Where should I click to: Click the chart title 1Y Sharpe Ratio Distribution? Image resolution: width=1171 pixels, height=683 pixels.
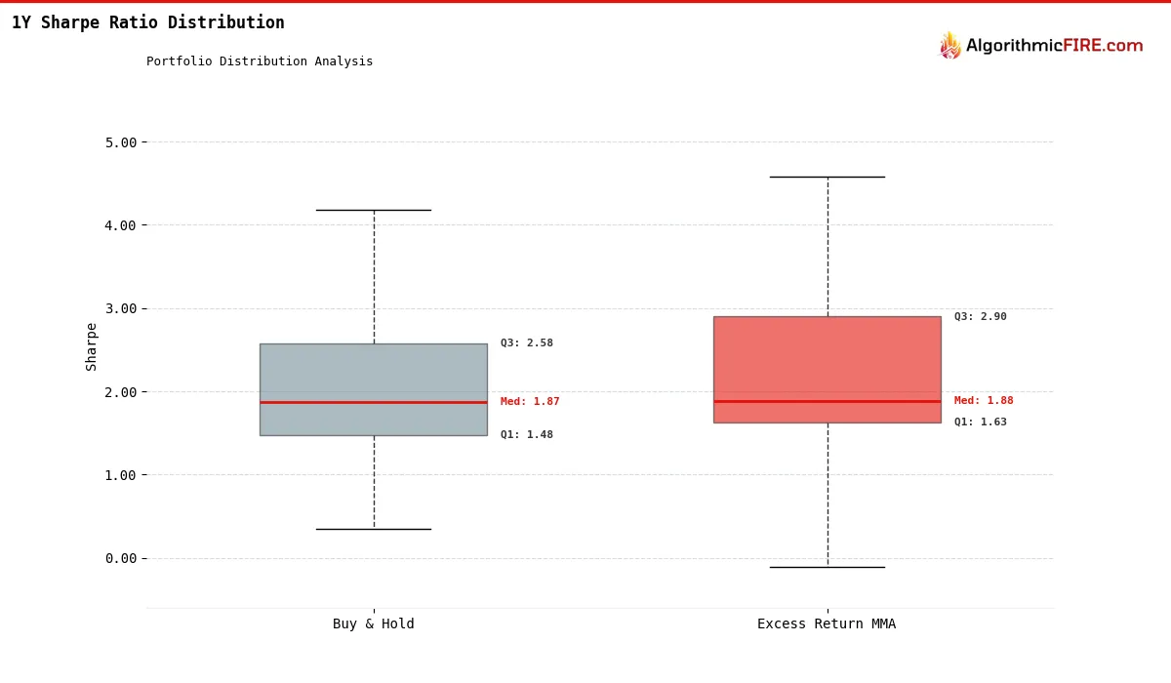coord(148,22)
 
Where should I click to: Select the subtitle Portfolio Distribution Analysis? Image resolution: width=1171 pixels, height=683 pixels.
coord(260,61)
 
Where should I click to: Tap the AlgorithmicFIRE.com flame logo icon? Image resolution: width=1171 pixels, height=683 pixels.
coord(949,45)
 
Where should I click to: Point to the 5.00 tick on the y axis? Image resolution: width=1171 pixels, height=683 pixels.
coord(121,142)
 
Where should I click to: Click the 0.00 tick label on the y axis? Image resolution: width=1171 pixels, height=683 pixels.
coord(121,558)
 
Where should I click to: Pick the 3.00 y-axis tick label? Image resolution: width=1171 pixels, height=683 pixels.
coord(121,308)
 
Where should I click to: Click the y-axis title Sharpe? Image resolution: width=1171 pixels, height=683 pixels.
coord(92,346)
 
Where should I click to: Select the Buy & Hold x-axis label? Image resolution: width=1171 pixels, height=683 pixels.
coord(373,624)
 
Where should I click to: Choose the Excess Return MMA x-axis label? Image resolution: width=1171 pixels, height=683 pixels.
coord(827,624)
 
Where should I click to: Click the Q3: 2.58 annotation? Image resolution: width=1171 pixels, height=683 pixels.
coord(527,343)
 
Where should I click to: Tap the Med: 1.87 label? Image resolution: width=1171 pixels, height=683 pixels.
coord(530,402)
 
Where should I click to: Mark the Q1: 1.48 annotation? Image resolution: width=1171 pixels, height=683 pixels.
coord(527,435)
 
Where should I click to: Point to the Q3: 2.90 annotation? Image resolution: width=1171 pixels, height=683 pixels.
coord(981,317)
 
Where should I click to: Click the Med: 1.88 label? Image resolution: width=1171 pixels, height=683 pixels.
coord(984,401)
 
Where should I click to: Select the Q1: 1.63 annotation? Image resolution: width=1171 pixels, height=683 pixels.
coord(981,422)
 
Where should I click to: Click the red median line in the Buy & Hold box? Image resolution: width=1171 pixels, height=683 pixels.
coord(374,402)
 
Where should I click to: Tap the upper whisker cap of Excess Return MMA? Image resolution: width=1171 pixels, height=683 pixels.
coord(828,177)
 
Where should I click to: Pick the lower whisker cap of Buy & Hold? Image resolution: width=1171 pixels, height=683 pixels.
coord(374,529)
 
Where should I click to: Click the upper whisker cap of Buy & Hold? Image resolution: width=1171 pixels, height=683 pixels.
coord(374,210)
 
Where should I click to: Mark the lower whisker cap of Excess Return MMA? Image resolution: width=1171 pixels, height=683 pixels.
coord(828,567)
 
